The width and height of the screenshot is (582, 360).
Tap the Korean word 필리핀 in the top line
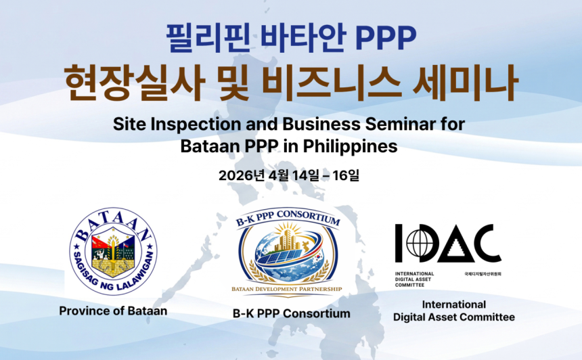[201, 39]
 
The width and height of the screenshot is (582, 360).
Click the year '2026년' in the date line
[242, 176]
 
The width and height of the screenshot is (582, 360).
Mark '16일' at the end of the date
[347, 176]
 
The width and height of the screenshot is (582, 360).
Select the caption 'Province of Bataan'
[113, 311]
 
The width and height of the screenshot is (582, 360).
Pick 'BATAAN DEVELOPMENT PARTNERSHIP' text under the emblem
[288, 289]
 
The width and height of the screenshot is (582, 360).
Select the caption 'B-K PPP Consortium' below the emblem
[291, 313]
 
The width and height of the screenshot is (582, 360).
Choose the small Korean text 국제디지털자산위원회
[483, 274]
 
